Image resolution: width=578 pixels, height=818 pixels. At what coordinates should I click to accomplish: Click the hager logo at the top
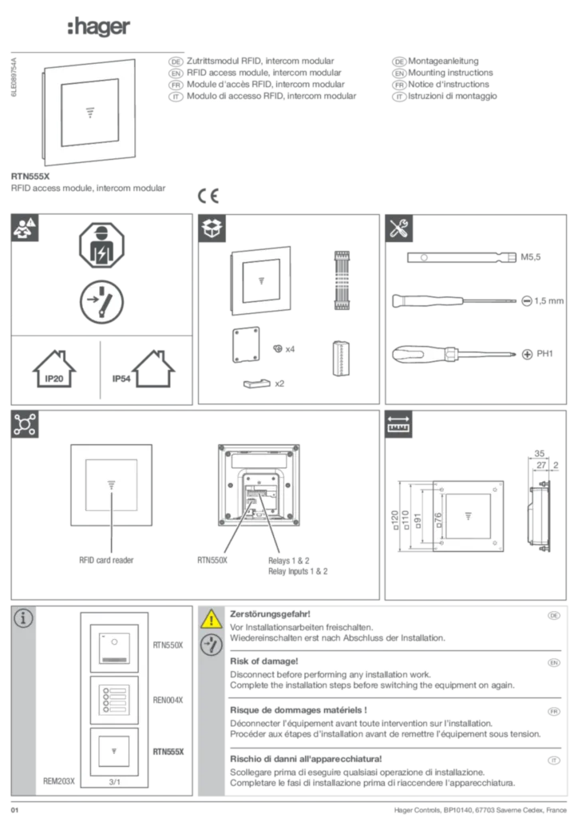98,26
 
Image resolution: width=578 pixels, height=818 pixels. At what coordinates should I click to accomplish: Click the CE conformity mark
208,196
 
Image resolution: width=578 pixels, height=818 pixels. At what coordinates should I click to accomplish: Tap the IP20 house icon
54,369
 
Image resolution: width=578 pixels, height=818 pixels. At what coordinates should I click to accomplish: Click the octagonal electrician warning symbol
101,245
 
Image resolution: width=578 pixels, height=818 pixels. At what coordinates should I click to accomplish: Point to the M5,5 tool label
531,257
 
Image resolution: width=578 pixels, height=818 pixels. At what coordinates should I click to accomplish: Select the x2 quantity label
279,383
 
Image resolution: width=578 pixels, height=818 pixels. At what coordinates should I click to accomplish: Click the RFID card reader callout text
106,560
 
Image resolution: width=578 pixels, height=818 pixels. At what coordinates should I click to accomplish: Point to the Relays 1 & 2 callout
289,561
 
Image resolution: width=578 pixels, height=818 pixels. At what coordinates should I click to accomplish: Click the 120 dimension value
394,520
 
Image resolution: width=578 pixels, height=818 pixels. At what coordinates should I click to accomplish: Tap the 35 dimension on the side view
540,454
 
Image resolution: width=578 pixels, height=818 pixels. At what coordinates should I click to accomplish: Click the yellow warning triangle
211,618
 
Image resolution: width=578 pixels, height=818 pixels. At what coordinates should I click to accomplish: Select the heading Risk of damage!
264,661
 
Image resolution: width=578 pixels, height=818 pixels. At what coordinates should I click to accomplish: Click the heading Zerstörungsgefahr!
270,614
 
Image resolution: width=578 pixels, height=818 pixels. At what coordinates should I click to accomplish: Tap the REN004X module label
168,700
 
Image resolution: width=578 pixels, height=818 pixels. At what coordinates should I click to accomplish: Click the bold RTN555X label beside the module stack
168,752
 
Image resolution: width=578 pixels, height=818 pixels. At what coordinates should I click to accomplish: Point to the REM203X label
59,781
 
